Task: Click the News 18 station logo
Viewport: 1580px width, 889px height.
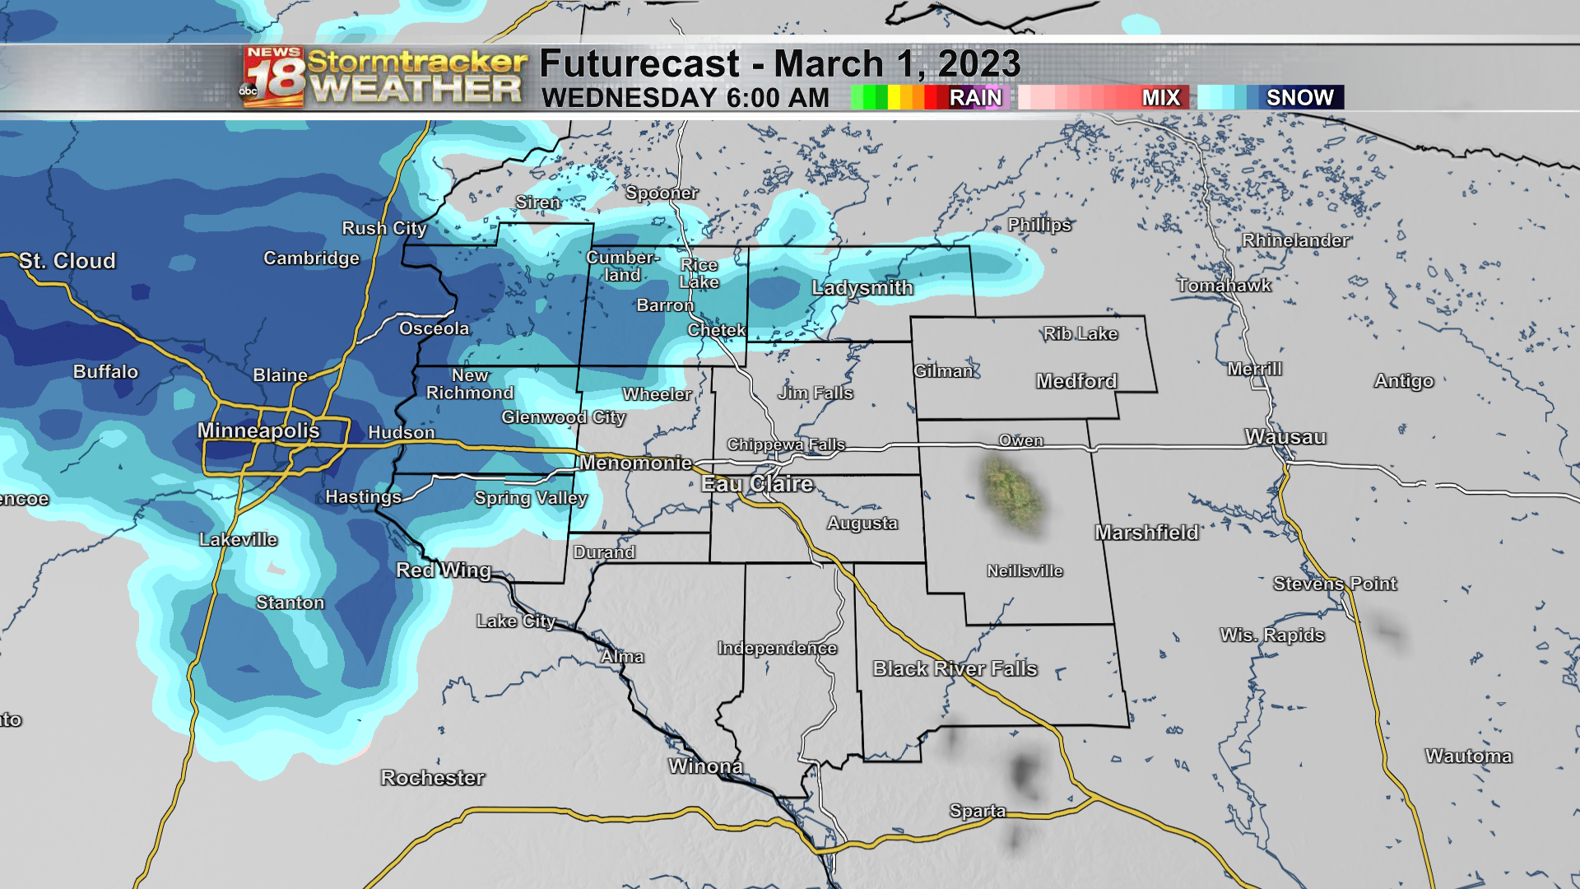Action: [x=273, y=77]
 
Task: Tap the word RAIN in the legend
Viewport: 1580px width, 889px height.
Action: [x=975, y=98]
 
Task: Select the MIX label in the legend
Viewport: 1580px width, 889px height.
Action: [x=1160, y=98]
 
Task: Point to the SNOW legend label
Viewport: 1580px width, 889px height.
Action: [x=1299, y=98]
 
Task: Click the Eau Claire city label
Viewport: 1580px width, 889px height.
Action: [x=757, y=484]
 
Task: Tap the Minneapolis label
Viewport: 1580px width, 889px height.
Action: [x=258, y=431]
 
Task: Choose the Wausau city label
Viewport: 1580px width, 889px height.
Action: [x=1285, y=437]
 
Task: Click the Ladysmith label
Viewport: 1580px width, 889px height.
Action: [x=862, y=288]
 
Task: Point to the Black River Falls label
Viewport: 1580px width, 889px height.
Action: [x=955, y=668]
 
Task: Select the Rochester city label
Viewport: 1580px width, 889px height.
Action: [x=433, y=778]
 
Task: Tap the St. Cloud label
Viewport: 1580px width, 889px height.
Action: [x=67, y=261]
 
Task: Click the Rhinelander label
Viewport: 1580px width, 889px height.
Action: [x=1295, y=240]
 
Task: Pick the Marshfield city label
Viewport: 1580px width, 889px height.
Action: [x=1146, y=533]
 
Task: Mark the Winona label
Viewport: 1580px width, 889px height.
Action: [x=705, y=767]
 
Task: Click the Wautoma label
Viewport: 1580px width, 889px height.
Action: [x=1468, y=756]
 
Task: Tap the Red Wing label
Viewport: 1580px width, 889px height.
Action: [x=444, y=570]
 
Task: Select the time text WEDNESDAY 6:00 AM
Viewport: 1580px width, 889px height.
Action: [x=685, y=98]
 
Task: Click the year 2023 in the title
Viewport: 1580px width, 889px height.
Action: [x=979, y=64]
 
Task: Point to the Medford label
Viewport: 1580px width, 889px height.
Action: [x=1076, y=381]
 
